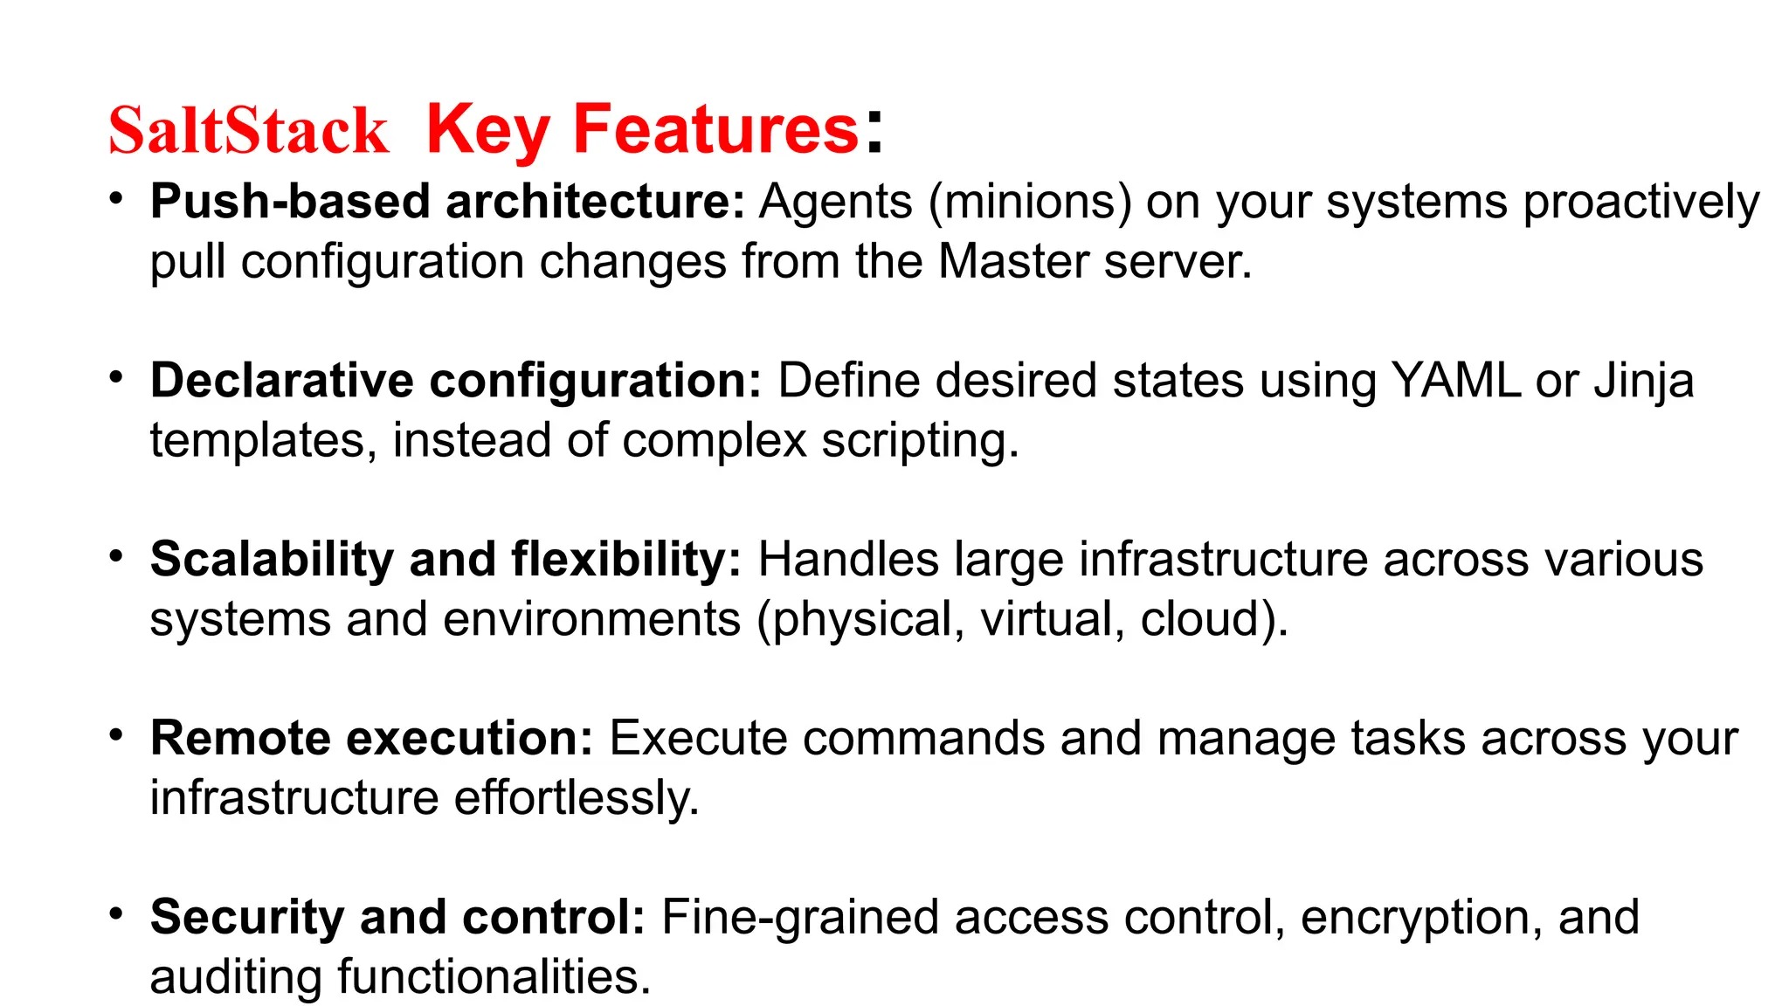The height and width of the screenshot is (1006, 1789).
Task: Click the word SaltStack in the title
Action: (248, 131)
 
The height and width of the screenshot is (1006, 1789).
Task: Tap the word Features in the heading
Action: (715, 129)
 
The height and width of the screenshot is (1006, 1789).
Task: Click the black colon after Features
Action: (874, 131)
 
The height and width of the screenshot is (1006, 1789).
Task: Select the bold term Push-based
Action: (291, 202)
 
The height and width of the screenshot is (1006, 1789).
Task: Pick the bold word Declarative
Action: (281, 381)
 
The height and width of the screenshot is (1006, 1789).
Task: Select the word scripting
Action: (919, 441)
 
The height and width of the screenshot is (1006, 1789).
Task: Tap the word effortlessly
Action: (576, 798)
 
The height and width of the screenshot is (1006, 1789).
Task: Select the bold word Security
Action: (247, 917)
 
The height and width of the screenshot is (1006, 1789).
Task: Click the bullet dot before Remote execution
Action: (115, 735)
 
